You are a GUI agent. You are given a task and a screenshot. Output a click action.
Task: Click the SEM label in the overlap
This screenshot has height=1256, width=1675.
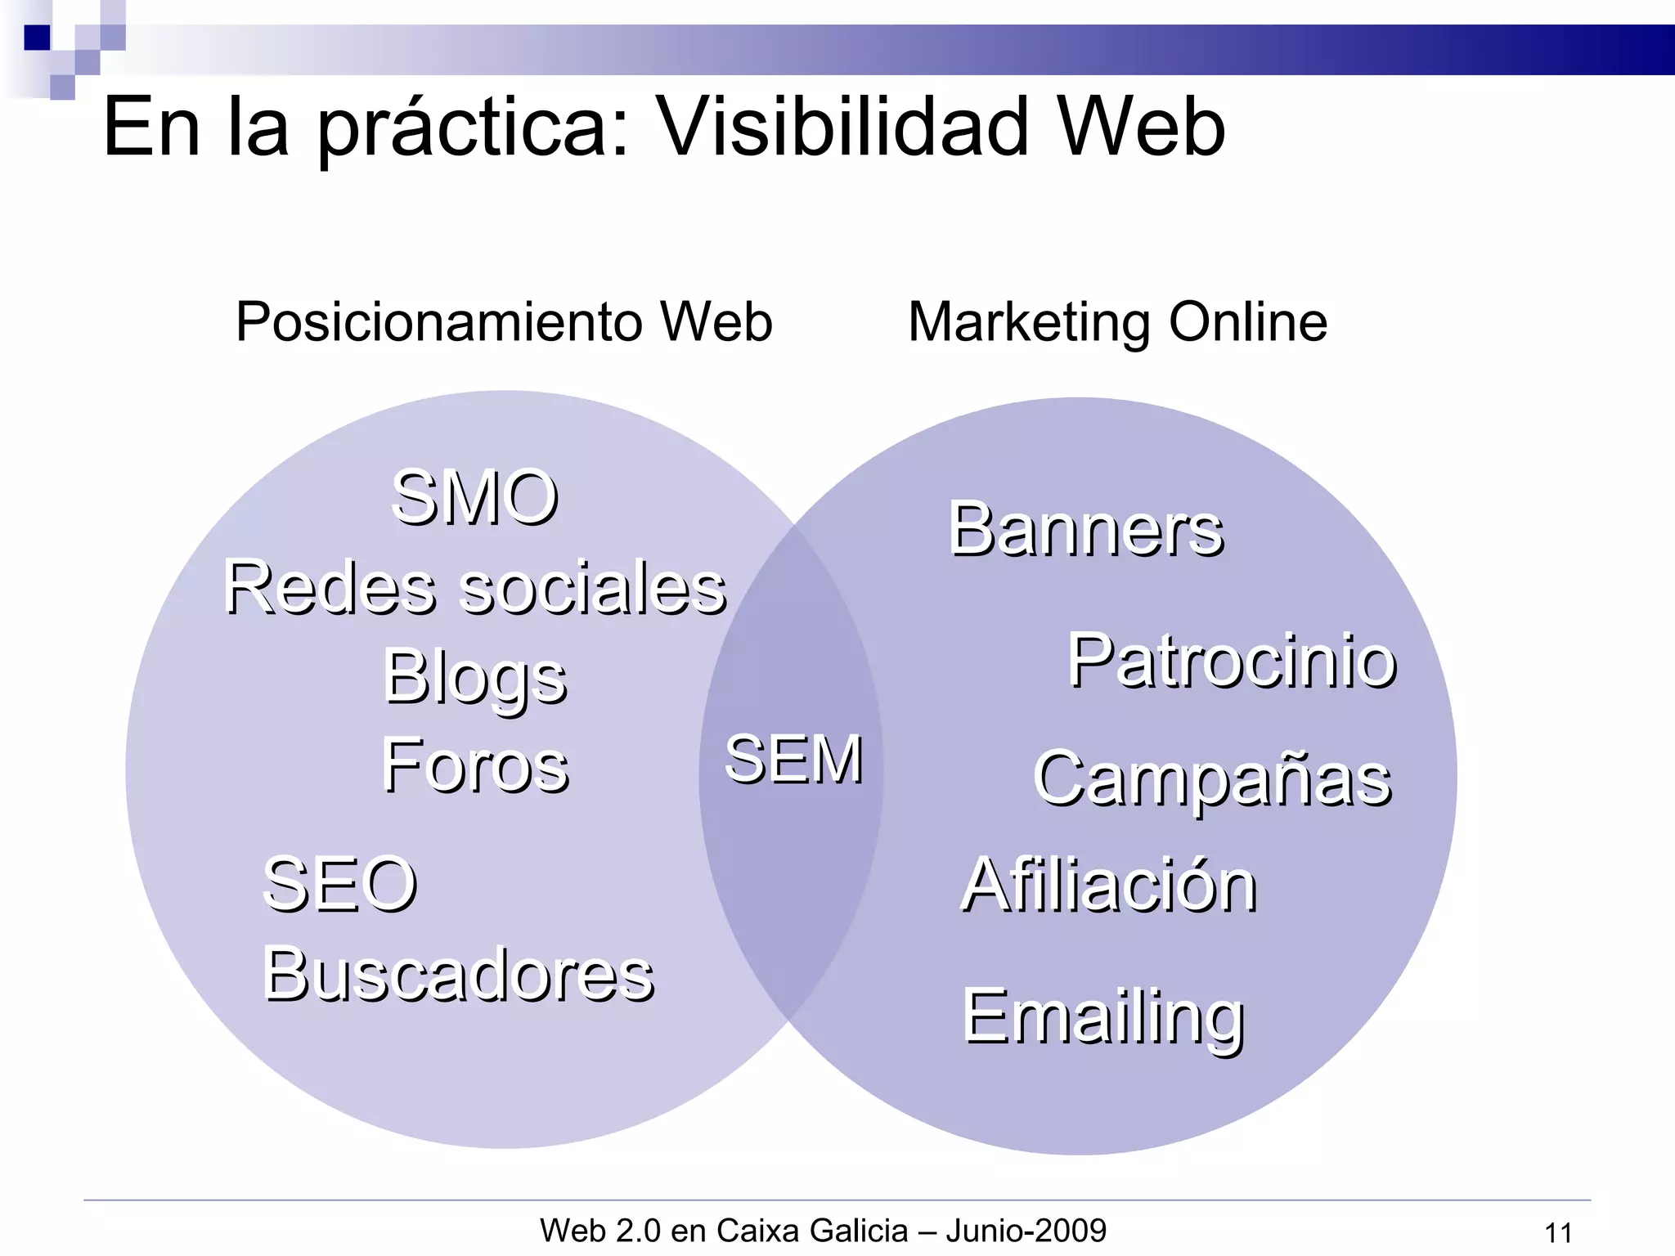pyautogui.click(x=793, y=759)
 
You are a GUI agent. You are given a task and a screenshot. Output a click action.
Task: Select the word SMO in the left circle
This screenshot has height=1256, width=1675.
pyautogui.click(x=474, y=497)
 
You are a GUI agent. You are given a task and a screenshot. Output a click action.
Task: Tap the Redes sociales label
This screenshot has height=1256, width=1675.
pyautogui.click(x=474, y=587)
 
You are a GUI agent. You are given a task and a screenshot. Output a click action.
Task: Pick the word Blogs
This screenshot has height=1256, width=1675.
pyautogui.click(x=474, y=677)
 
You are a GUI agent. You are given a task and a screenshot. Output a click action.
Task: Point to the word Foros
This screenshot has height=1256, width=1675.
pyautogui.click(x=474, y=765)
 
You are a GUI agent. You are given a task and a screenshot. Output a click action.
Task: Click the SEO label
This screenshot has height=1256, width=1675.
pyautogui.click(x=339, y=884)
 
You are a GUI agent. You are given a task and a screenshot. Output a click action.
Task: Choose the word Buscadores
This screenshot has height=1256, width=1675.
pyautogui.click(x=458, y=974)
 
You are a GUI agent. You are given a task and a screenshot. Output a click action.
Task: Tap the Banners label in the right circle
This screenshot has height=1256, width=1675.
pyautogui.click(x=1085, y=529)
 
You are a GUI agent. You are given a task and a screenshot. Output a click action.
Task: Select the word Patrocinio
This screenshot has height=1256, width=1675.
pyautogui.click(x=1232, y=661)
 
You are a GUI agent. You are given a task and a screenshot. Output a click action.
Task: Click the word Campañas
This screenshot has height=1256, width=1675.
pyautogui.click(x=1212, y=779)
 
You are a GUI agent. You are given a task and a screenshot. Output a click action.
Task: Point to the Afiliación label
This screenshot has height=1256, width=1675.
pyautogui.click(x=1109, y=885)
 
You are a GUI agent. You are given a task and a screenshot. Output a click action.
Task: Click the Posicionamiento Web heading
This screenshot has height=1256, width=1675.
pyautogui.click(x=504, y=321)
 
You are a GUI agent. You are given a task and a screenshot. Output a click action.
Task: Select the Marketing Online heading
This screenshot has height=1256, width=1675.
pyautogui.click(x=1117, y=321)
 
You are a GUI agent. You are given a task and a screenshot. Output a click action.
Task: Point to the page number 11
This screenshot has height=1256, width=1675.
pyautogui.click(x=1558, y=1232)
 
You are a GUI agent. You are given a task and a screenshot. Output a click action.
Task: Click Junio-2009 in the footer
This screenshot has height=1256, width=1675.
pyautogui.click(x=1026, y=1230)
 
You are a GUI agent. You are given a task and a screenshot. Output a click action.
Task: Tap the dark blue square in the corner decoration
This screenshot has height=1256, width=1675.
pyautogui.click(x=37, y=38)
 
